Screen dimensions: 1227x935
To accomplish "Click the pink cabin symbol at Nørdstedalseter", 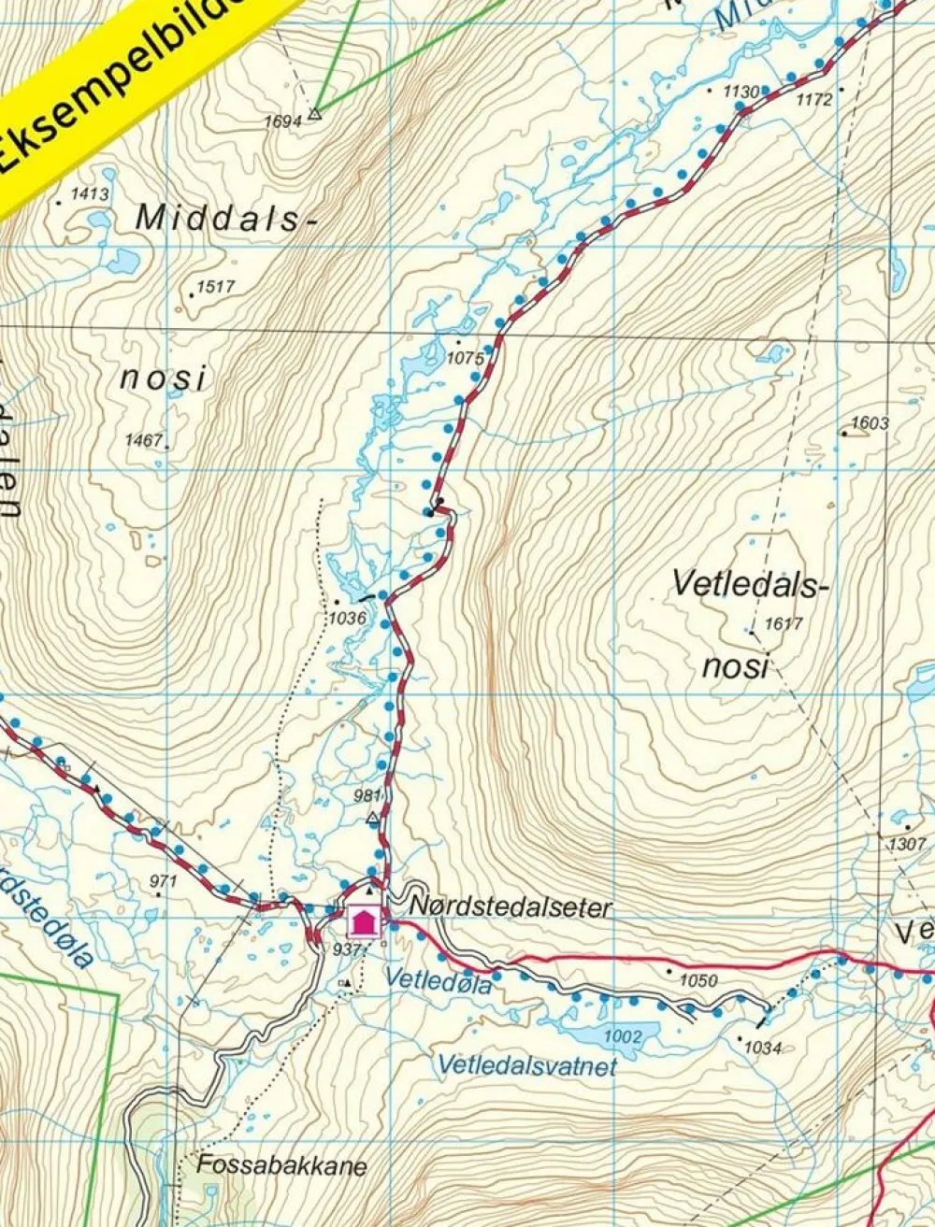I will tap(364, 921).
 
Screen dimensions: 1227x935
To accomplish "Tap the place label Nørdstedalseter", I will tap(511, 906).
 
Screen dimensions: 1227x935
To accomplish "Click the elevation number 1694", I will tap(282, 121).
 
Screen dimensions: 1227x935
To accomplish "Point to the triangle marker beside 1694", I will tap(315, 113).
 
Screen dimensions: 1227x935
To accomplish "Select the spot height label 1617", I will tap(784, 624).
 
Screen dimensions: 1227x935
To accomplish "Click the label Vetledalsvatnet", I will tap(527, 1065).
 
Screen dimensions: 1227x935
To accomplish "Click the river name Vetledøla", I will tap(438, 979).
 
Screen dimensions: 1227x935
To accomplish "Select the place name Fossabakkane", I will tap(281, 1166).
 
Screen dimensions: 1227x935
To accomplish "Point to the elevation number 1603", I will tap(870, 423).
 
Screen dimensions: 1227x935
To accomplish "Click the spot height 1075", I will tap(466, 358).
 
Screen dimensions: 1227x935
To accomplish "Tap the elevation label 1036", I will tap(347, 618).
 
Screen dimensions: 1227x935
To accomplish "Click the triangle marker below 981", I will tap(373, 820).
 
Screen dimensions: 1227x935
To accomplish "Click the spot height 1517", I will tap(216, 286).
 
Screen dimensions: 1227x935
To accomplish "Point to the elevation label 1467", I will tap(144, 439).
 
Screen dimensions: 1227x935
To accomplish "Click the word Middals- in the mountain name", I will tap(221, 218).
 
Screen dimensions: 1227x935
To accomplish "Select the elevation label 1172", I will tap(813, 99).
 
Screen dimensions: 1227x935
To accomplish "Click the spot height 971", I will tap(163, 880).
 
